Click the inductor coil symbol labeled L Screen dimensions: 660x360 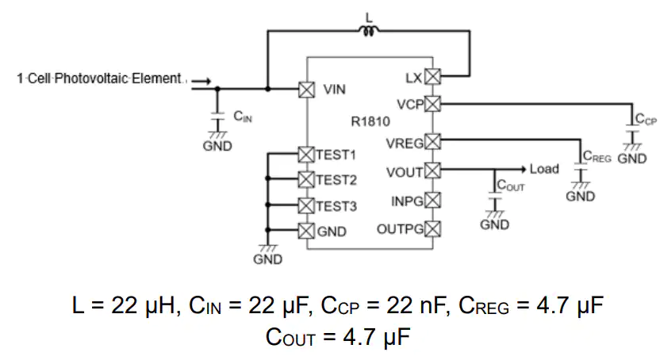coord(369,30)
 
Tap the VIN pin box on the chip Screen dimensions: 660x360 coord(306,90)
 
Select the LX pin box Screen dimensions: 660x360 coord(432,77)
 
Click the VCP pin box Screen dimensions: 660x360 coord(432,103)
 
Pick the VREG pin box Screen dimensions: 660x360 coord(432,141)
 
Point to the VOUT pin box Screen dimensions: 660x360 coord(432,170)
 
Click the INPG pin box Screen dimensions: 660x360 coord(432,200)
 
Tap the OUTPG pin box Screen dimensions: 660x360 coord(432,229)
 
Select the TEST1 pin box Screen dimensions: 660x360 coord(306,155)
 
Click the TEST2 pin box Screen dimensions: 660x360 coord(306,179)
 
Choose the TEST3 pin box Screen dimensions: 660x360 coord(306,205)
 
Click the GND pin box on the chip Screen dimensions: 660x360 coord(306,231)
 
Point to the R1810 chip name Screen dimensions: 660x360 coord(370,121)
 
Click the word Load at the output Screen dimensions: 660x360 coord(544,169)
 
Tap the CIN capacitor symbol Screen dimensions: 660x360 coord(217,117)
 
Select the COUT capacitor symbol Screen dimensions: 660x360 coord(495,196)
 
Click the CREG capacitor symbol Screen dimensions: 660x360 coord(581,167)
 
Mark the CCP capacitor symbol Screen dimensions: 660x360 coord(632,128)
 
